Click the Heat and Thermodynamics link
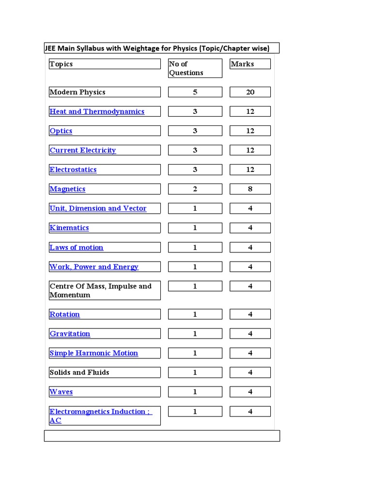[97, 111]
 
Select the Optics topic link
[61, 131]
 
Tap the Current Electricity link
[83, 150]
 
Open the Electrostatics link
[73, 170]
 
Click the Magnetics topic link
[67, 189]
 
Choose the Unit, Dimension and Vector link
[98, 208]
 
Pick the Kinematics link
[69, 228]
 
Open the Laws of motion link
[77, 248]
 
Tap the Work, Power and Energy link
[94, 267]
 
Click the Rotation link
[64, 314]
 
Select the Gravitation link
[70, 334]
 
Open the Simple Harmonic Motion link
[93, 353]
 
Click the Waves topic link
[61, 392]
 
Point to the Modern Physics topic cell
[77, 92]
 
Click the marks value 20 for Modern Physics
[250, 92]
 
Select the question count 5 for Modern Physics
[195, 92]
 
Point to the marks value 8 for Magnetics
[250, 189]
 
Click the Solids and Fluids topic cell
[79, 372]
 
